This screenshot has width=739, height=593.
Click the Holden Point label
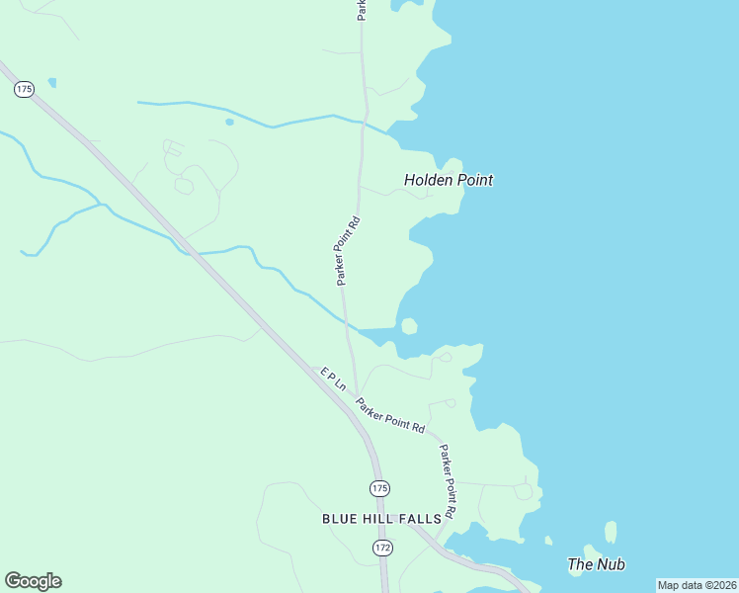[449, 180]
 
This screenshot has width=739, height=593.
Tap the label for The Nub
[596, 564]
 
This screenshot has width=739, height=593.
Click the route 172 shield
[382, 547]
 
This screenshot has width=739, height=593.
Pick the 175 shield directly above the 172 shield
[380, 488]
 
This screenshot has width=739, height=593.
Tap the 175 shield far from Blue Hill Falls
[25, 89]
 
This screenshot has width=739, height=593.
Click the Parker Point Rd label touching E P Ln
[390, 415]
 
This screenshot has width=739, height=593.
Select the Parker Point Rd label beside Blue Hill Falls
[448, 481]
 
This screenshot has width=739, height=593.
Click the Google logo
[33, 581]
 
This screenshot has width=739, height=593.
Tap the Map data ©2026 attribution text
[697, 585]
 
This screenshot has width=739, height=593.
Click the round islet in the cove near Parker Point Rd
[409, 326]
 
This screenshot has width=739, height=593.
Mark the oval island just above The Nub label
[611, 532]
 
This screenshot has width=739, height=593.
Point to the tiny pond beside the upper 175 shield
[51, 83]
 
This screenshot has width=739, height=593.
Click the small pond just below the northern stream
[229, 122]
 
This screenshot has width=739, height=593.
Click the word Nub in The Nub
[611, 564]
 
